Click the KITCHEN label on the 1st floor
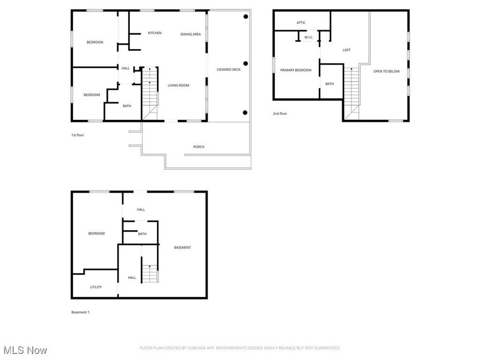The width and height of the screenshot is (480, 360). point(154,33)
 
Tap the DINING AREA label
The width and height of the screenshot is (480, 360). point(190,34)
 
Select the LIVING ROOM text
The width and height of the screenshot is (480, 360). point(178,86)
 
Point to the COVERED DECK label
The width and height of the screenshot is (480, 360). point(227,70)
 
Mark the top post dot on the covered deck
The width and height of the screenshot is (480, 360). point(246,17)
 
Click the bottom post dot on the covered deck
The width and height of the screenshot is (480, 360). point(246,112)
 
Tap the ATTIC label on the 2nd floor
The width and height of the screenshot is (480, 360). point(301,23)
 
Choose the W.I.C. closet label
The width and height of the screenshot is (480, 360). point(309,37)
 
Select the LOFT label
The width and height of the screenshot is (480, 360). point(346,50)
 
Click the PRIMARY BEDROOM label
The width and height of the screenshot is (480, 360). point(295,70)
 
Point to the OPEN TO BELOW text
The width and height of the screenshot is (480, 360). point(386,71)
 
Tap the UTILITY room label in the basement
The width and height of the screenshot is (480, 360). point(95,287)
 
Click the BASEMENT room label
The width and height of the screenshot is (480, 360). point(182,247)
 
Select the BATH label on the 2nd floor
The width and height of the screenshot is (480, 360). point(330,84)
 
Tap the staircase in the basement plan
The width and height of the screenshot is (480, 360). point(150,273)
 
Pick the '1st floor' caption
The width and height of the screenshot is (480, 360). point(78,135)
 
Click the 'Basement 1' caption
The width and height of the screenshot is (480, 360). point(80,312)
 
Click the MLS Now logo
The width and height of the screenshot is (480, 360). point(24,350)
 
